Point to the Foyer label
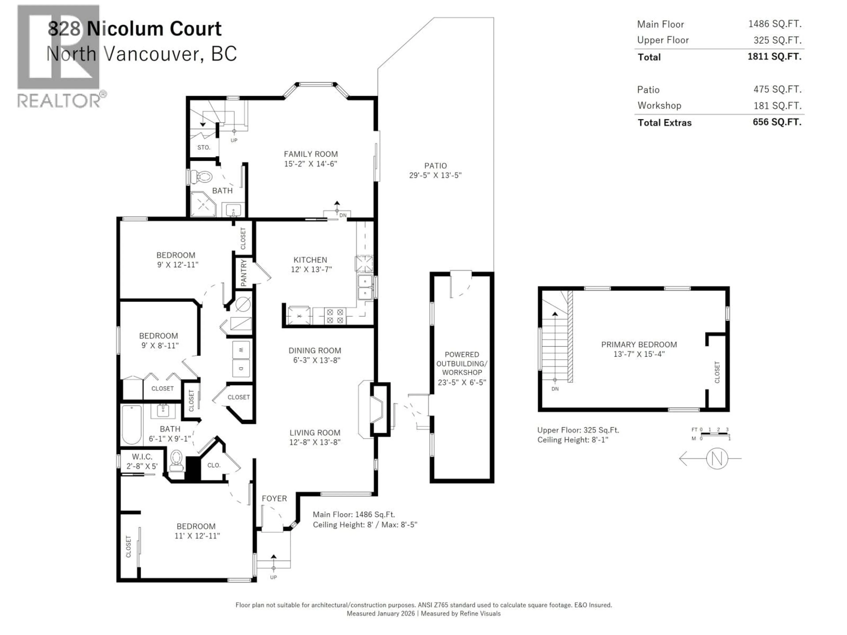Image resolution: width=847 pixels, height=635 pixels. pyautogui.click(x=274, y=498)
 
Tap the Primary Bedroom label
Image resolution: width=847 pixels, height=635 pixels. pyautogui.click(x=639, y=344)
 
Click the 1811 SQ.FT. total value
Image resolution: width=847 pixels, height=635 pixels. pyautogui.click(x=774, y=57)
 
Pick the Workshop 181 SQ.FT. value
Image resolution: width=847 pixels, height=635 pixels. pyautogui.click(x=777, y=106)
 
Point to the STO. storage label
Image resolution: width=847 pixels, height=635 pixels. pyautogui.click(x=204, y=147)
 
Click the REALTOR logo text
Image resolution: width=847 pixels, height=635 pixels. pyautogui.click(x=59, y=101)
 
